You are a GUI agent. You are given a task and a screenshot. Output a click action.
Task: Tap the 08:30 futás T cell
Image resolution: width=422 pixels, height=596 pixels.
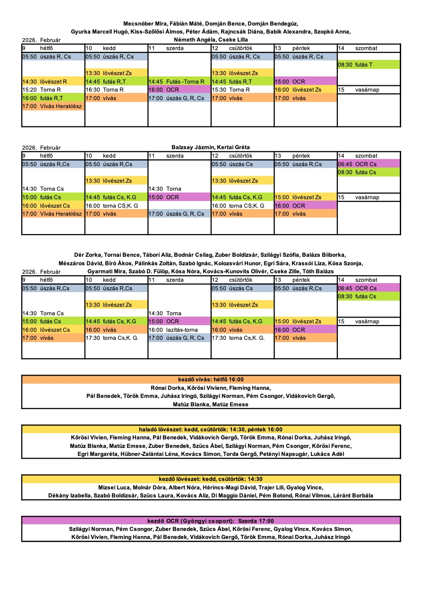tap(369, 65)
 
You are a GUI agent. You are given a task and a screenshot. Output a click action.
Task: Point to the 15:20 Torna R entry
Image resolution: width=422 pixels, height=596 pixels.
tap(53, 90)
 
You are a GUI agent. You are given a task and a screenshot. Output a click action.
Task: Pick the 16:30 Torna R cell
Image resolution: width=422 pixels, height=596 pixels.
tap(116, 90)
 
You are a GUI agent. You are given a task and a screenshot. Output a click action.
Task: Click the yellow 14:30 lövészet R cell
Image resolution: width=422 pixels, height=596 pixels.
tap(53, 82)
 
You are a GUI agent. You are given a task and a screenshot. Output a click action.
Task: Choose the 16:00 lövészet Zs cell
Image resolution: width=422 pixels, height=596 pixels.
tap(305, 90)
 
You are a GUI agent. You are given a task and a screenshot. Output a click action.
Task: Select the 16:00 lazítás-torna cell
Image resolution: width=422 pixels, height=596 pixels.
tap(179, 330)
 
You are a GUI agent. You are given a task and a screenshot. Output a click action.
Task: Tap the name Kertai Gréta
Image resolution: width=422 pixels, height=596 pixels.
tap(233, 147)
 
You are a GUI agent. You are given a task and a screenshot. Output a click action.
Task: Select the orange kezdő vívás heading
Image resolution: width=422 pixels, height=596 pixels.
tap(211, 379)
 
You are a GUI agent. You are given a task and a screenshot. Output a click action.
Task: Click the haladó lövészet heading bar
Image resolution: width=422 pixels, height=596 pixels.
tap(211, 429)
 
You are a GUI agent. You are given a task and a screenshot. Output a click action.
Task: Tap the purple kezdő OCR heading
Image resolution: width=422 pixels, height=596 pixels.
tap(211, 520)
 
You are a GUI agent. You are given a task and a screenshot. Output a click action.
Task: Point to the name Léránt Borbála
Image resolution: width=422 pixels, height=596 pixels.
tap(353, 495)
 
